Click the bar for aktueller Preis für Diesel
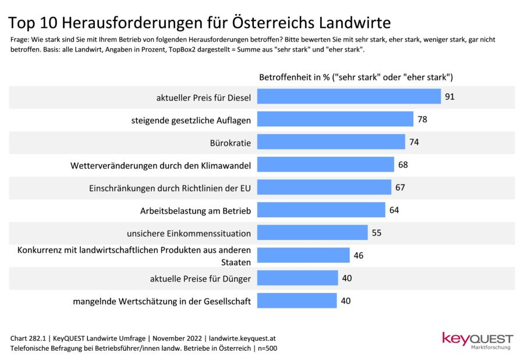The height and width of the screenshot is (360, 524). [x=349, y=97]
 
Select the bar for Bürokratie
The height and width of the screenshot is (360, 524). [x=331, y=142]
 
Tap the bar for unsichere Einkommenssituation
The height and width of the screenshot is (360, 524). [x=312, y=233]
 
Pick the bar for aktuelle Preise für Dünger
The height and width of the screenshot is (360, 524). [x=298, y=278]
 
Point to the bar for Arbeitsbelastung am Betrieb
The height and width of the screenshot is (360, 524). [x=321, y=210]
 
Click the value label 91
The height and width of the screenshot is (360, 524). [x=449, y=97]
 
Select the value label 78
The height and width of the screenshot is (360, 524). [x=422, y=119]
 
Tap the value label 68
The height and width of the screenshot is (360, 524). [x=403, y=165]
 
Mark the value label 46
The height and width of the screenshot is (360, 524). [x=358, y=256]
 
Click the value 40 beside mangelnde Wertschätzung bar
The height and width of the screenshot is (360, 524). [x=346, y=301]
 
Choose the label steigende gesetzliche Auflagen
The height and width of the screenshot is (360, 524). [x=190, y=121]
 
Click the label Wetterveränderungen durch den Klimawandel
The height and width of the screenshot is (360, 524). [x=161, y=166]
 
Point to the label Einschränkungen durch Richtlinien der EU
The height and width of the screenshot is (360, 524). [x=170, y=188]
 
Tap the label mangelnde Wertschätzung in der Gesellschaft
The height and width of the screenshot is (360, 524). [x=162, y=302]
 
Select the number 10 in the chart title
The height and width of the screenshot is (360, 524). [x=48, y=23]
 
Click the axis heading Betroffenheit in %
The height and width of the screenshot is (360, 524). [x=295, y=77]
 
